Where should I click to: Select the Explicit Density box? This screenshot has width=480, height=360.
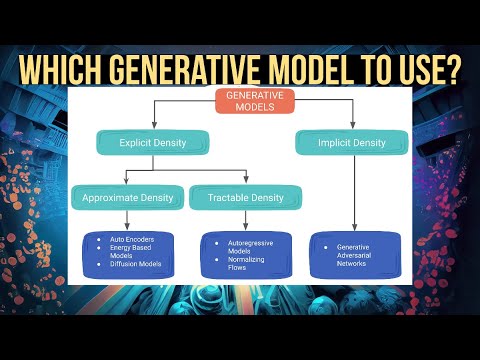tap(153, 143)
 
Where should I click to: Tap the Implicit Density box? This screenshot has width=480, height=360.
tap(341, 143)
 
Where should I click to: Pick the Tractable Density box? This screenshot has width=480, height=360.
tap(246, 197)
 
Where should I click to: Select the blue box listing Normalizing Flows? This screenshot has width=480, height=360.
tap(246, 254)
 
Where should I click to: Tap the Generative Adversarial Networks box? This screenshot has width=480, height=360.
tap(355, 254)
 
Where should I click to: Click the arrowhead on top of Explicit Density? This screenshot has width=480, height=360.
tap(153, 128)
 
